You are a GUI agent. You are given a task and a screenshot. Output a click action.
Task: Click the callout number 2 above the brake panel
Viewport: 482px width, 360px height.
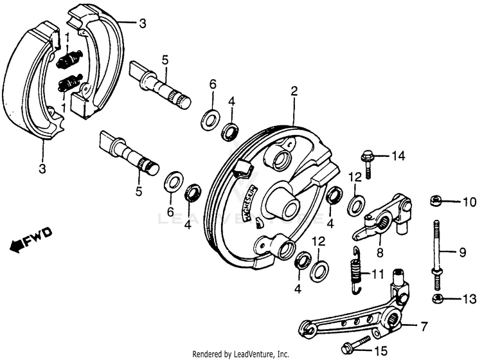coord(294,92)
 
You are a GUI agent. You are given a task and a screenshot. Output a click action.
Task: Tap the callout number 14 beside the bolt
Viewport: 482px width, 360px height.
coord(399,156)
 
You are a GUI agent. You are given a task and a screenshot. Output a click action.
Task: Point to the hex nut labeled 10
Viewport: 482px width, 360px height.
coord(435,201)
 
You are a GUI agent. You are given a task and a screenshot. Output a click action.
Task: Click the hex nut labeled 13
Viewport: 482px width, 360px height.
coord(435,299)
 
